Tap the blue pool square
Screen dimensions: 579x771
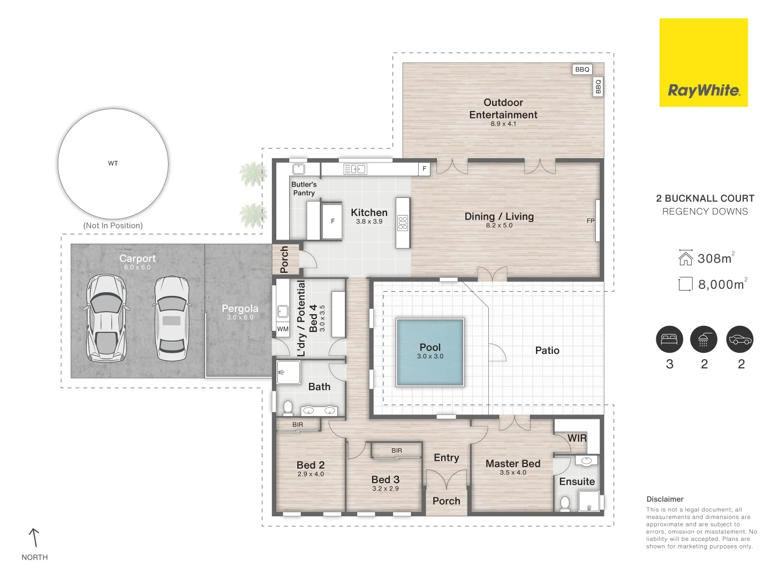point(430,352)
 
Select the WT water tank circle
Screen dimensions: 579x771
point(113,164)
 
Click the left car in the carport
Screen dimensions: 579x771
point(105,318)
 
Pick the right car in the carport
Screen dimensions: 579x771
point(171,318)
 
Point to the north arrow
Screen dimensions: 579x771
point(34,538)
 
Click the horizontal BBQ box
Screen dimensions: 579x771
point(582,69)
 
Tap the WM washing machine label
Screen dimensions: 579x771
point(283,329)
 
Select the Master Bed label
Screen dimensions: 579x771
point(512,464)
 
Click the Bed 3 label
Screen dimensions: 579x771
point(385,480)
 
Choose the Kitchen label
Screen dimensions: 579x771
point(369,213)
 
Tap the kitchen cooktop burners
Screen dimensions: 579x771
point(403,223)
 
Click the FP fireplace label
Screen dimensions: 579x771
point(591,221)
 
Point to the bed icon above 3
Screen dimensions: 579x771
point(669,339)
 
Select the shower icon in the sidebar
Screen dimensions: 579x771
point(704,339)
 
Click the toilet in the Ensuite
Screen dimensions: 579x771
point(565,503)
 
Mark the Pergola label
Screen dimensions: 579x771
point(240,309)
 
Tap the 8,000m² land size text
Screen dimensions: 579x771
point(721,285)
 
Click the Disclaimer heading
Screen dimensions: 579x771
point(664,499)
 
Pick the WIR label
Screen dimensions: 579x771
point(577,438)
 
